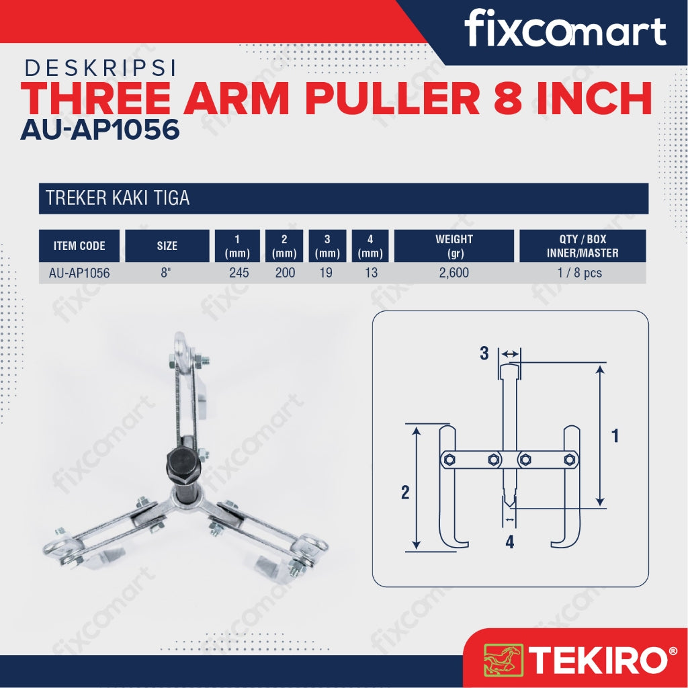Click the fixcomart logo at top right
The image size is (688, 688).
coord(565,28)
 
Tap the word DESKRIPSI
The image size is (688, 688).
coord(101,68)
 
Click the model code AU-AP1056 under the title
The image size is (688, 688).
coord(100,130)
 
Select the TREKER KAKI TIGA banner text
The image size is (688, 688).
coord(118,198)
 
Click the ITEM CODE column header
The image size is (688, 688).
coord(79,246)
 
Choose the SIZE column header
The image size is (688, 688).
coord(167,246)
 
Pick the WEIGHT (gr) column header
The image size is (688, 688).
coord(454,246)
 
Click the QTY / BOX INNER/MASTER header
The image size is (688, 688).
coord(583,246)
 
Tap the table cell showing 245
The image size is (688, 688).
coord(239,273)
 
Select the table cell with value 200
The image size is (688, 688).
coord(285,273)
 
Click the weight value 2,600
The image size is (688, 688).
coord(454,273)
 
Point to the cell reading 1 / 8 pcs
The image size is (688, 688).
coord(580,273)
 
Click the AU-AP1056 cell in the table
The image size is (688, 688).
coord(79,273)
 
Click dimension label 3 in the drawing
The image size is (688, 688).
coord(484,353)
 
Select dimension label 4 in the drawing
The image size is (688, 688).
coord(509,542)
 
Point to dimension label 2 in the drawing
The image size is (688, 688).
coord(405,492)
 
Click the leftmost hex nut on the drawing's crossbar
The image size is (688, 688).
coord(449,460)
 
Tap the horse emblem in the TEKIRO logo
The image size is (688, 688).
coord(503,660)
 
